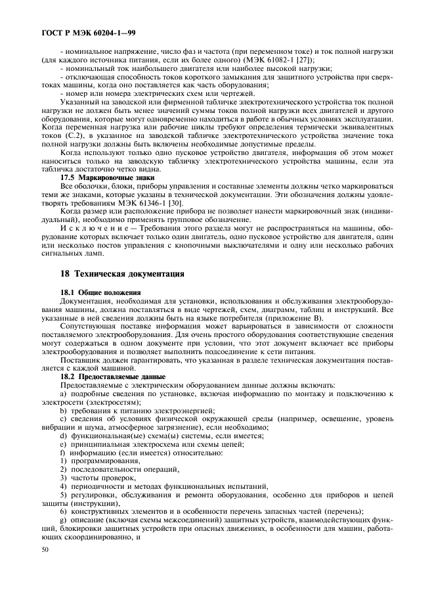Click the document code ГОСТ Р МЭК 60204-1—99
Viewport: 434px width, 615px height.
(x=88, y=32)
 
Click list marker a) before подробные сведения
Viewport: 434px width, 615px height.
(x=63, y=394)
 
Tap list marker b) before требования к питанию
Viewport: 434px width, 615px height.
(x=63, y=409)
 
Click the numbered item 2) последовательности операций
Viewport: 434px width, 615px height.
(x=113, y=469)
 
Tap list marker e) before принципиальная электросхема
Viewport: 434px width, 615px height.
(x=63, y=444)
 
